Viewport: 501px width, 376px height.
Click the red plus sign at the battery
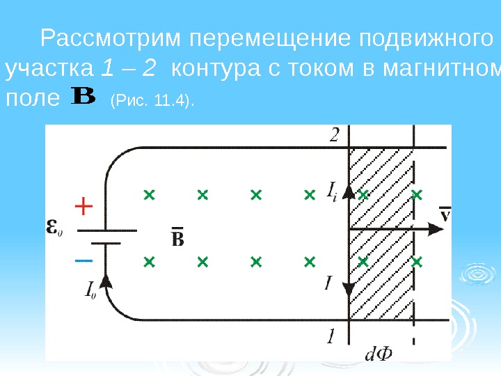83,207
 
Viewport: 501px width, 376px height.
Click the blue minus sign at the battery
83,260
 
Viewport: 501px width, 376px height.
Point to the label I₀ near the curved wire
90,289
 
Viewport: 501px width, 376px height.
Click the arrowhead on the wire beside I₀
106,280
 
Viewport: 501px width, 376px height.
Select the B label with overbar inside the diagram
177,238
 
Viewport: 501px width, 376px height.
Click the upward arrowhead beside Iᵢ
349,192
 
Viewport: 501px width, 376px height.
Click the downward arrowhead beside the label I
349,288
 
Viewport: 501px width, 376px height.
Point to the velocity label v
445,212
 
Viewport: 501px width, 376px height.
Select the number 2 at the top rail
335,136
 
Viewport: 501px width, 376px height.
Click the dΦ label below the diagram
378,355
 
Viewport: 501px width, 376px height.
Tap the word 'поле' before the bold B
31,98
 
